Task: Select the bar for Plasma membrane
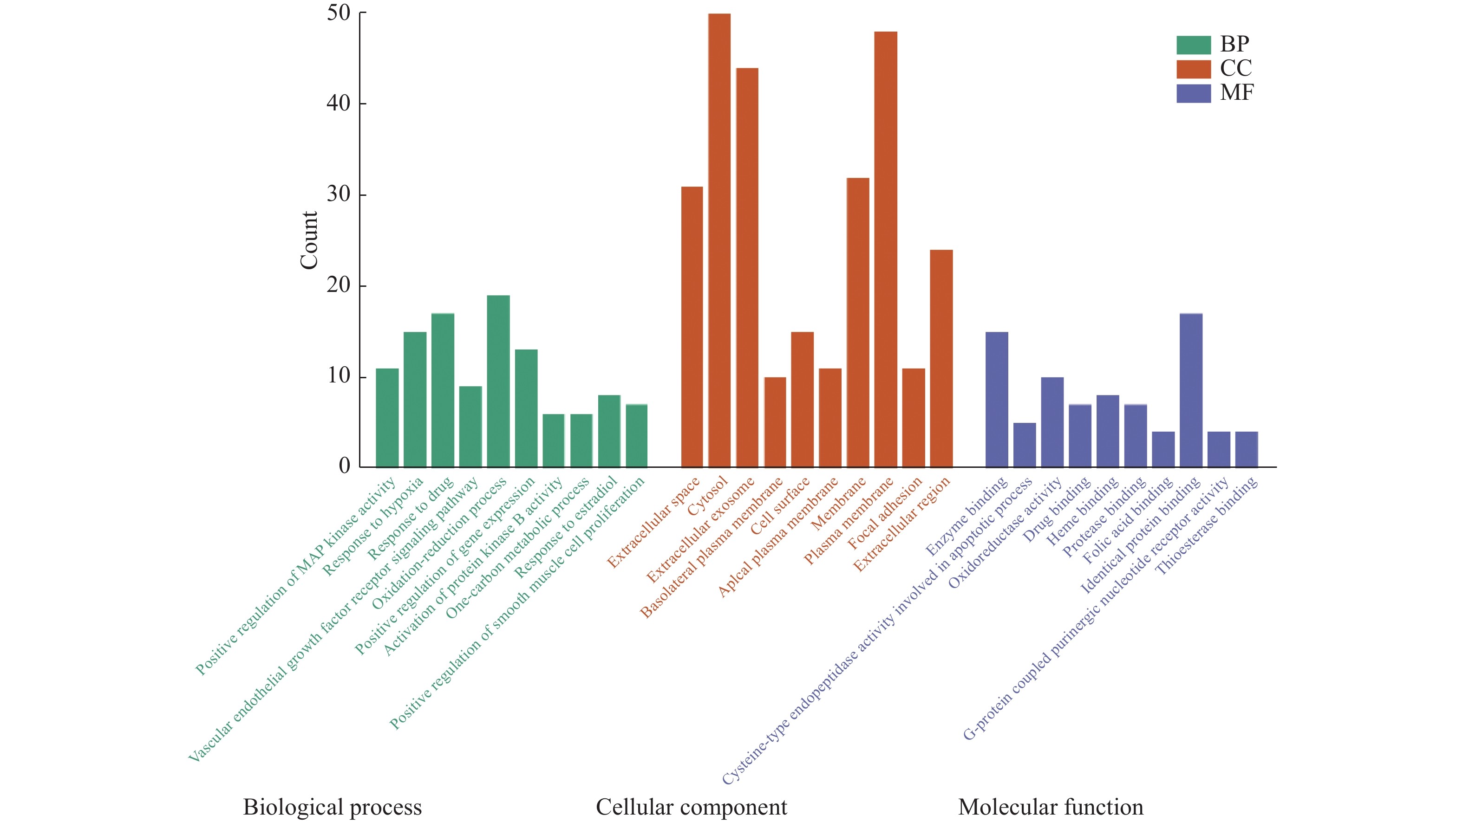(886, 249)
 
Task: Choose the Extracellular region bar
(941, 358)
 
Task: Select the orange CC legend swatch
(1193, 69)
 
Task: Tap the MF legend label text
(1236, 92)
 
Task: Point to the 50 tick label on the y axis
(339, 13)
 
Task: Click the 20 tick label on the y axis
(339, 285)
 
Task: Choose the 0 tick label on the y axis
(344, 466)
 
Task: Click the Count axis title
(309, 240)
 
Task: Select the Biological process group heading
(332, 807)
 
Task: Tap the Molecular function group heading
(1051, 807)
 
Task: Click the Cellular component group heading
(691, 807)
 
